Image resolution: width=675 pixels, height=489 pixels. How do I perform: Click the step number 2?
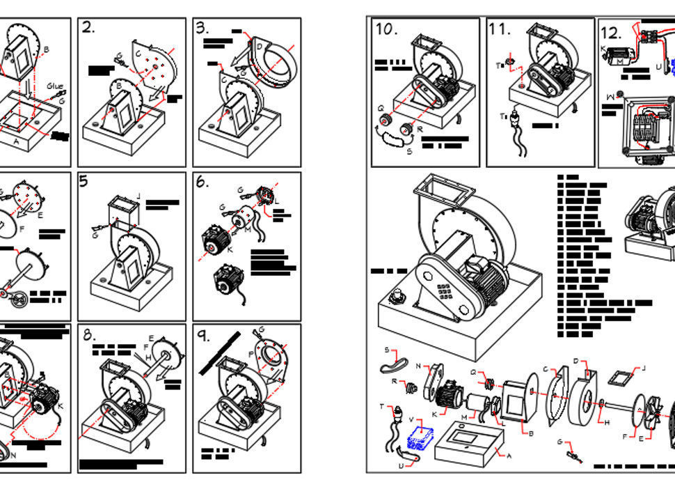[x=88, y=28]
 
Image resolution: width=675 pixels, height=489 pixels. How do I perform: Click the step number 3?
[x=202, y=28]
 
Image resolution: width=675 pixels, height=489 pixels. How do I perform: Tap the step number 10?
[x=386, y=29]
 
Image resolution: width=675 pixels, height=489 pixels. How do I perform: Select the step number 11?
[x=499, y=29]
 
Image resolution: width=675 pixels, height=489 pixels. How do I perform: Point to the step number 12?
[x=610, y=32]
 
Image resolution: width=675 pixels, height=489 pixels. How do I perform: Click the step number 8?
[x=89, y=335]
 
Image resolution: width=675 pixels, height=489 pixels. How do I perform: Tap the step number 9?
[x=203, y=336]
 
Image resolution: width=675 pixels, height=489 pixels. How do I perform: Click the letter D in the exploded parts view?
[x=576, y=360]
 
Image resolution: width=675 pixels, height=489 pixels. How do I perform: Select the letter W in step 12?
[x=610, y=96]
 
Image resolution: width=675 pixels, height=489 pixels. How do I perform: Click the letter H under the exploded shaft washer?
[x=605, y=422]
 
